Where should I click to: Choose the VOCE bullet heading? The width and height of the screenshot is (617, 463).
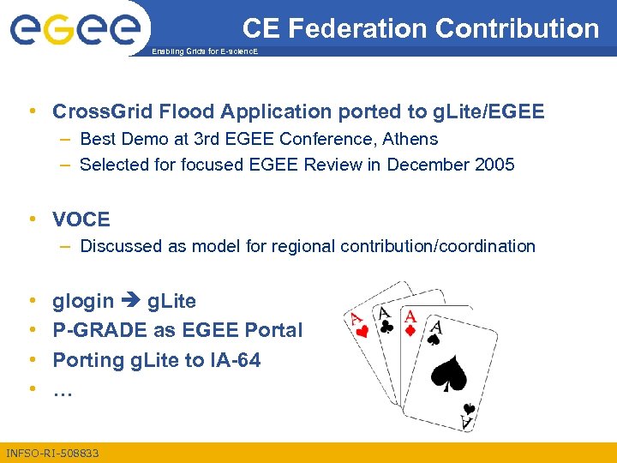[x=81, y=219]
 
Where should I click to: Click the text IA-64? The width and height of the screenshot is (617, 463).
[x=233, y=360]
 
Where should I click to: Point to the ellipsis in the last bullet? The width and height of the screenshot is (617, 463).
[x=63, y=389]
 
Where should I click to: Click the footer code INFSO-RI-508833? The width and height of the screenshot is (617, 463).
[x=52, y=452]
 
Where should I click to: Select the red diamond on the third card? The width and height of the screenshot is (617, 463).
[x=410, y=331]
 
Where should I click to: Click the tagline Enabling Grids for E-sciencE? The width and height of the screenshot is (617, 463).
[x=203, y=52]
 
